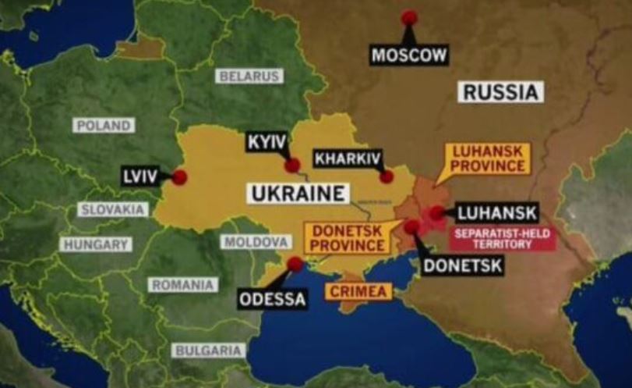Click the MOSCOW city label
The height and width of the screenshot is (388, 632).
click(x=409, y=55)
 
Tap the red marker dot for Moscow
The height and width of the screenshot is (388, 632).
click(x=409, y=18)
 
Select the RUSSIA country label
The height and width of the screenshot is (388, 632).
click(x=501, y=92)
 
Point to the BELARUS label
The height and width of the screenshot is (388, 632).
click(x=249, y=77)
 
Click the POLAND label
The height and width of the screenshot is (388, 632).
click(x=104, y=126)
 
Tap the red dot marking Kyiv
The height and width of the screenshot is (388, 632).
click(x=292, y=165)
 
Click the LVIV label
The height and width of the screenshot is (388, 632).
click(x=140, y=176)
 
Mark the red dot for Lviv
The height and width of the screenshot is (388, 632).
click(x=179, y=177)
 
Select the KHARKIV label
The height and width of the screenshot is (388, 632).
click(x=348, y=159)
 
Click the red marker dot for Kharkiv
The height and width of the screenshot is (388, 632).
click(x=387, y=176)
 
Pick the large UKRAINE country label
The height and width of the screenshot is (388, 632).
click(x=298, y=193)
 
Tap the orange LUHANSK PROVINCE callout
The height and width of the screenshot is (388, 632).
click(x=488, y=158)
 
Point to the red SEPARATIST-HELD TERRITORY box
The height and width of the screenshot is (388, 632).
click(x=503, y=238)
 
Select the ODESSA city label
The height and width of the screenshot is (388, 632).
click(x=273, y=298)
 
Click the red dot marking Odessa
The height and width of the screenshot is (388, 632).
click(x=295, y=265)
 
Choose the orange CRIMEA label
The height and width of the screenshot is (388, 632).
click(x=358, y=292)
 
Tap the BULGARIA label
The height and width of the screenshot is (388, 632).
click(x=209, y=351)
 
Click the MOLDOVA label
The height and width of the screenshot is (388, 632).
click(x=256, y=242)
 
